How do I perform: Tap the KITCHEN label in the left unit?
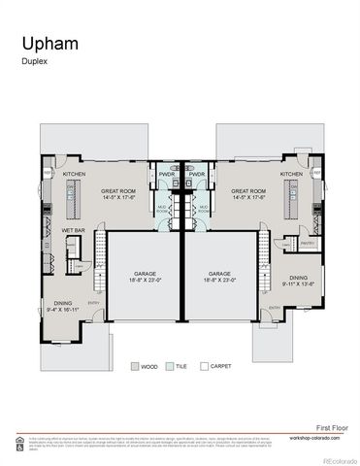click(74, 174)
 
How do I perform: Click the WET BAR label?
click(73, 230)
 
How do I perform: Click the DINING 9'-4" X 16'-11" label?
click(64, 305)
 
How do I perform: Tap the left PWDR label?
click(166, 176)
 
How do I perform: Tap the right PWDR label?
click(196, 176)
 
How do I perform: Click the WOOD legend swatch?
click(135, 367)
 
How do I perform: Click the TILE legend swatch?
click(170, 367)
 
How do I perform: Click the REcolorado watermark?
click(339, 460)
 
